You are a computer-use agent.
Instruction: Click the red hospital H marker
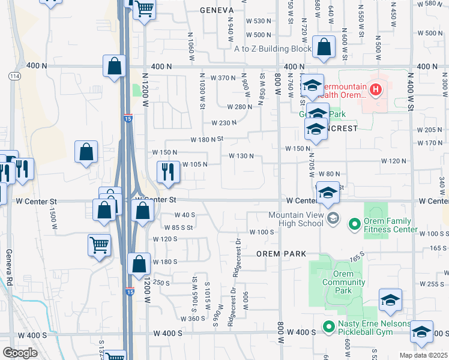(x=376, y=91)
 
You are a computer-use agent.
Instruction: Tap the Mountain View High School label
(x=295, y=220)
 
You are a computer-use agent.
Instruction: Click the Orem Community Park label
(x=343, y=287)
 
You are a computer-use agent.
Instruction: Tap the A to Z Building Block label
(x=273, y=49)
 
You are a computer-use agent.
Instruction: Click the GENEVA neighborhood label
(x=215, y=10)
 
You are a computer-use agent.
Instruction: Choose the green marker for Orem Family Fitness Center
(x=354, y=225)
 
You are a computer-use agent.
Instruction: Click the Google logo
(x=20, y=353)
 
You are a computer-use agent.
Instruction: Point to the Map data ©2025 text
(x=424, y=355)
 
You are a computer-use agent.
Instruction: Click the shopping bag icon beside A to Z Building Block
(x=324, y=48)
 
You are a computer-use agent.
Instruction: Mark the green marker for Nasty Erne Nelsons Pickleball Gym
(x=328, y=327)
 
